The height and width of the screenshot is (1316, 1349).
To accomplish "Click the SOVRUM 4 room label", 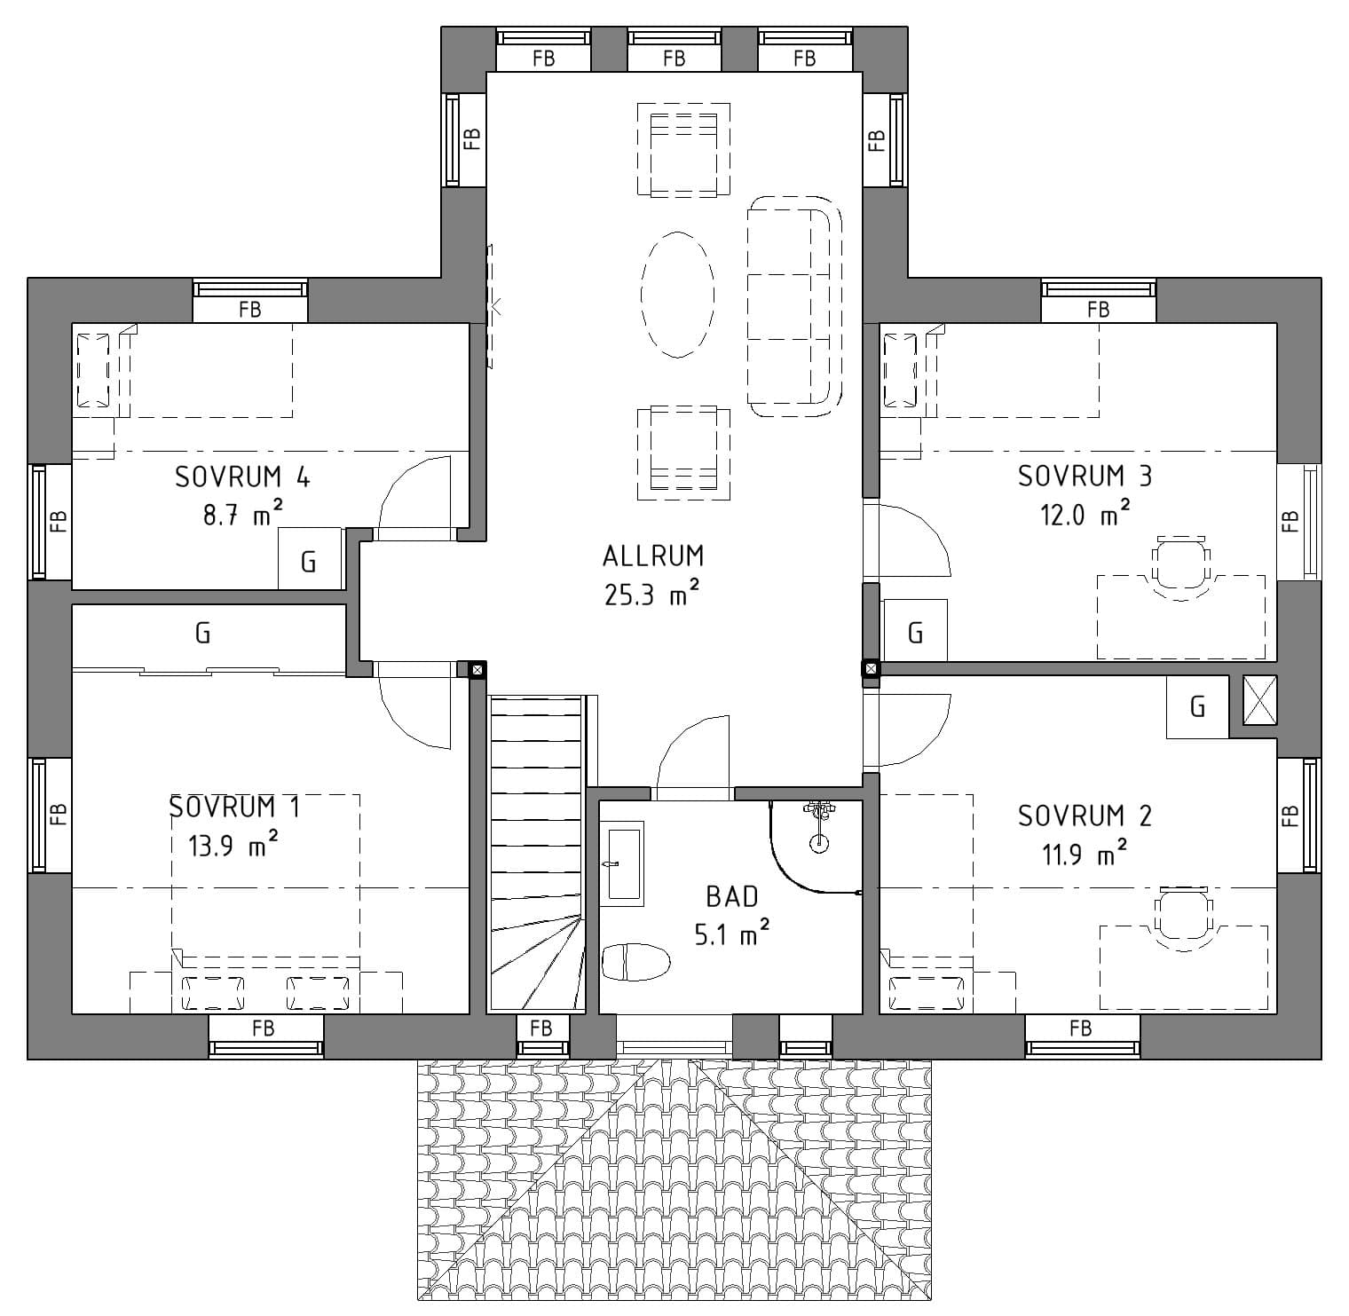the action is tap(242, 477).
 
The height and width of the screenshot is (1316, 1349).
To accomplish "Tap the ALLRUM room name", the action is tap(653, 556).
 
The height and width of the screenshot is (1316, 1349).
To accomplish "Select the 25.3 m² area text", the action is tap(652, 595).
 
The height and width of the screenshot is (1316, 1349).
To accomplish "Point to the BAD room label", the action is tap(732, 897).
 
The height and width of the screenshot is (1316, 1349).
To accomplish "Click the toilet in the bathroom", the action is tap(635, 962).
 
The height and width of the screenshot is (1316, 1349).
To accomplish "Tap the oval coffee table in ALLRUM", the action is tap(677, 294).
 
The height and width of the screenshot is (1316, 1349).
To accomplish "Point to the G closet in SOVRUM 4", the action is tap(310, 558).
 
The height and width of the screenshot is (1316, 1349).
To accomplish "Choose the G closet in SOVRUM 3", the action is tap(915, 631).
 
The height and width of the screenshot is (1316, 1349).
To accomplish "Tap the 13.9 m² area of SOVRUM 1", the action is tap(233, 846).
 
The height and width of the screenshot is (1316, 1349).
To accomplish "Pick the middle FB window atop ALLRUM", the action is tap(674, 50).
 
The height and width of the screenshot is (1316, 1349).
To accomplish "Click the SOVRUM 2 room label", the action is tap(1085, 816).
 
